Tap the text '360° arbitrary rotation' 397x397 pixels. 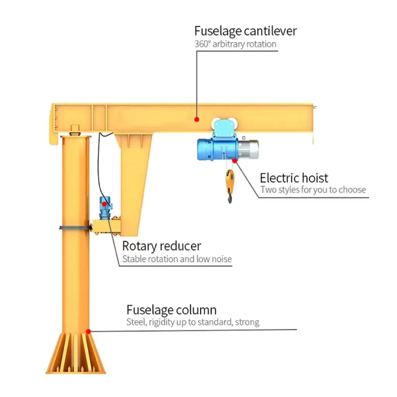(235, 44)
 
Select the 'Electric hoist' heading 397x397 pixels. (294, 178)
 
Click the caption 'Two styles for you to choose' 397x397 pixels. (313, 190)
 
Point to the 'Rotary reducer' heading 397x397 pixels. (161, 246)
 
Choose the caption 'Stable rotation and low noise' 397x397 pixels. (177, 259)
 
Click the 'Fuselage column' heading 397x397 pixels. (171, 310)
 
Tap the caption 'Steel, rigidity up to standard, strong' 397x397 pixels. (193, 322)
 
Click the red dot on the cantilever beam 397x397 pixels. (197, 119)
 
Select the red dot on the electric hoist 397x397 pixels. (235, 160)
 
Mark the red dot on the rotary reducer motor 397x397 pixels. (104, 204)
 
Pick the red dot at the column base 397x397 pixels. (88, 331)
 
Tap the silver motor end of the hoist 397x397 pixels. (248, 150)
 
